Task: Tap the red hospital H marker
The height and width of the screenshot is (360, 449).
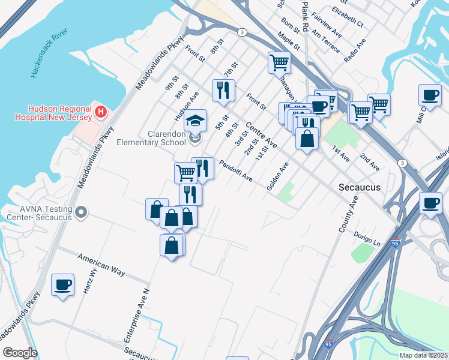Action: [101, 112]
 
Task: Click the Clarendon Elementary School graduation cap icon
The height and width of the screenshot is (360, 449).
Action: [195, 121]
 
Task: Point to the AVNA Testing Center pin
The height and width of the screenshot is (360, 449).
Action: [82, 212]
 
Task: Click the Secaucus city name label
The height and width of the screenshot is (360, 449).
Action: [359, 187]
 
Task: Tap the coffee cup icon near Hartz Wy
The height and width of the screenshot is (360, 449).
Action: [62, 284]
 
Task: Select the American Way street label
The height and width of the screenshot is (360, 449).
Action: [101, 265]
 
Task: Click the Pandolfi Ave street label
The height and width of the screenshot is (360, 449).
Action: [235, 171]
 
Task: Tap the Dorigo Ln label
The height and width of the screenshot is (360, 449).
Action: [367, 239]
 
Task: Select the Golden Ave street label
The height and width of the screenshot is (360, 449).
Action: [279, 177]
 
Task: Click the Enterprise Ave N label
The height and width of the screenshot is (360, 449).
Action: [136, 315]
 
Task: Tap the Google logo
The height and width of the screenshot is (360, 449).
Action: [20, 353]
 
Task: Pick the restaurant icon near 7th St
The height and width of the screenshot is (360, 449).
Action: [223, 90]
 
